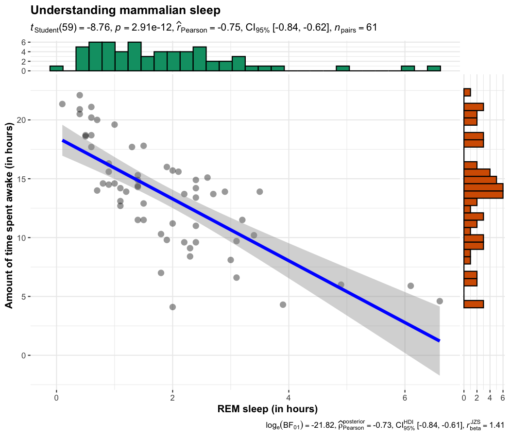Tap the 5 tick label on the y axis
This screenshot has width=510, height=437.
click(x=23, y=297)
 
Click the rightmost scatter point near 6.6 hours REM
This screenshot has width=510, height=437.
click(x=440, y=301)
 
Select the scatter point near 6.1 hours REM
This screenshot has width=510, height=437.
click(x=410, y=286)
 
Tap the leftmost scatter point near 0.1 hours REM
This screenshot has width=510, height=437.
click(x=62, y=104)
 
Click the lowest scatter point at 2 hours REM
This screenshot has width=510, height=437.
click(x=172, y=307)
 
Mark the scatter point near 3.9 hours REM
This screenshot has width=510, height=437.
click(x=283, y=304)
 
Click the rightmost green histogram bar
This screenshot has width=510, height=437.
click(x=434, y=68)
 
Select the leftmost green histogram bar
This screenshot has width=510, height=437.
click(x=56, y=68)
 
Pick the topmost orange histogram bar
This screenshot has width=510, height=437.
click(x=467, y=92)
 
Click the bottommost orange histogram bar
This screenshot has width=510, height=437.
click(x=474, y=304)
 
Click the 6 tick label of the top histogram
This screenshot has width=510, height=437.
click(x=23, y=42)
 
